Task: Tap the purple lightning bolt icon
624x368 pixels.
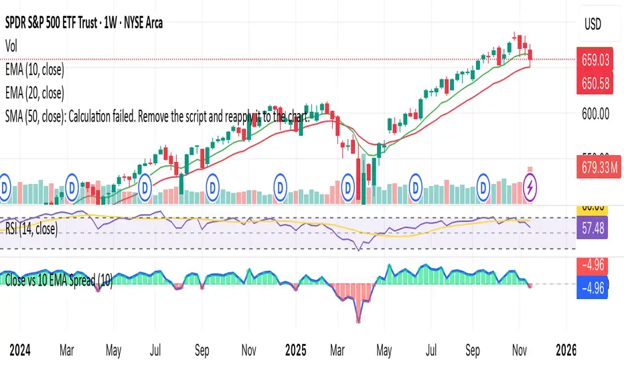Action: (x=531, y=184)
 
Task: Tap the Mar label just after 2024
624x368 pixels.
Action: (x=66, y=349)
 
